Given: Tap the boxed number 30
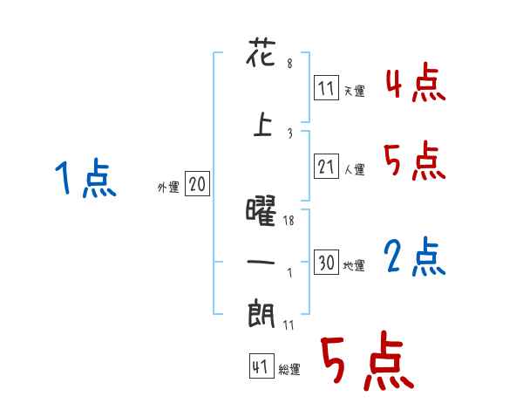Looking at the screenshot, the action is pos(326,263).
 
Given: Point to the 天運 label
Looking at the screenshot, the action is pos(354,91).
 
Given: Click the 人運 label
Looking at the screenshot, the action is pos(354,169).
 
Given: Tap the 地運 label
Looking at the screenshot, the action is pos(354,266).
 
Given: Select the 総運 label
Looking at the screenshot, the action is pos(289,370).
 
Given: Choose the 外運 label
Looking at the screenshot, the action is pos(167,186).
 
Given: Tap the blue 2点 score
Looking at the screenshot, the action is pos(415,256).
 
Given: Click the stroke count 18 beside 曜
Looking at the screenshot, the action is pos(290,221).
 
